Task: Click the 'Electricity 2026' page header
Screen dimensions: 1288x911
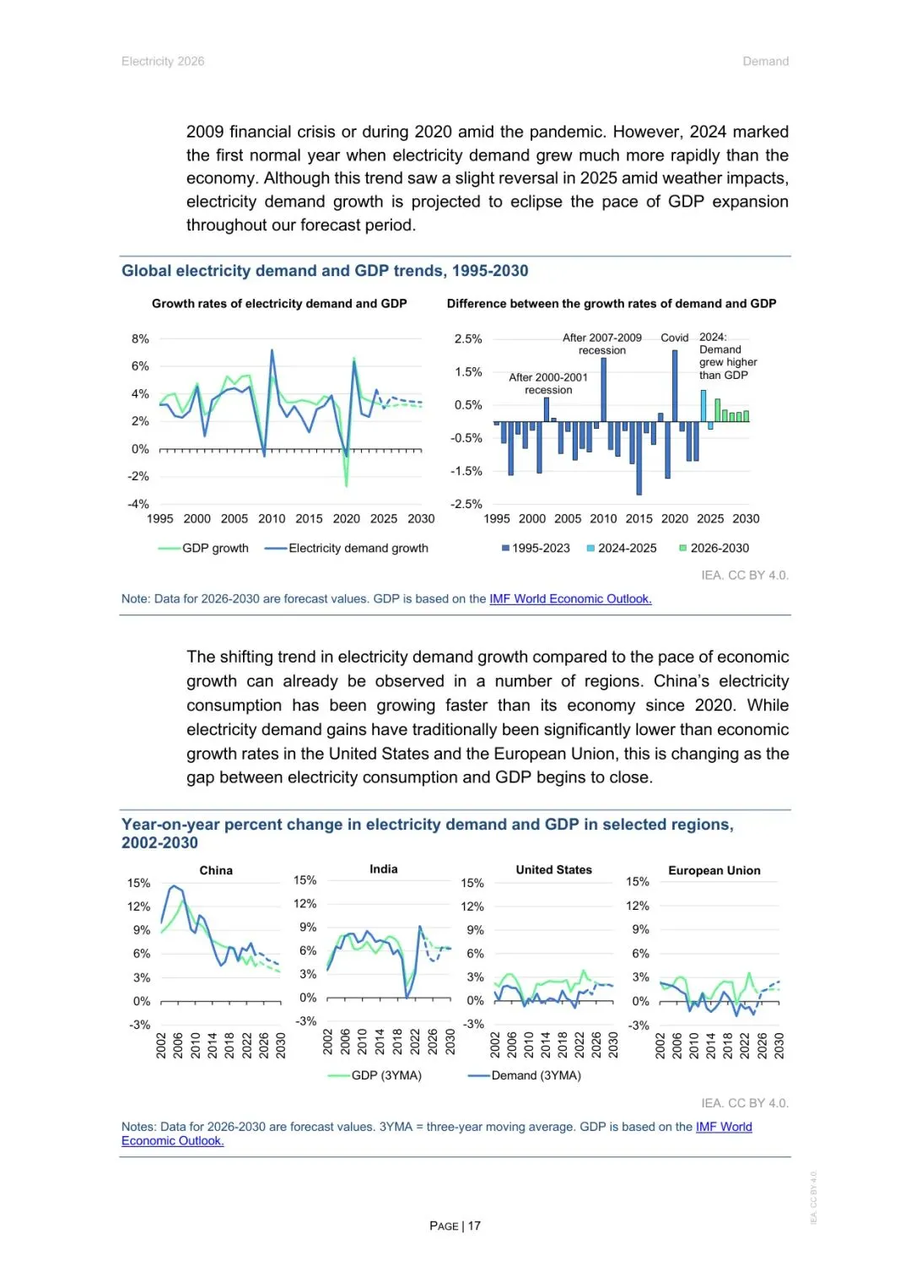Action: pyautogui.click(x=163, y=62)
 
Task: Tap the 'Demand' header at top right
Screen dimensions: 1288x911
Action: pyautogui.click(x=765, y=62)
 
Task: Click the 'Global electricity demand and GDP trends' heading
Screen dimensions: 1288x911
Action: pyautogui.click(x=325, y=271)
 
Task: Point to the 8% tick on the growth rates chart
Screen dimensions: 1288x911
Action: pyautogui.click(x=140, y=339)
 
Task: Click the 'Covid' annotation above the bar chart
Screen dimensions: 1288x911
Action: pyautogui.click(x=675, y=338)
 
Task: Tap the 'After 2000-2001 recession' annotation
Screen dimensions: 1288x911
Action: pyautogui.click(x=548, y=384)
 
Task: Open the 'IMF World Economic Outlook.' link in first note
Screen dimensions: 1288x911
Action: pyautogui.click(x=570, y=599)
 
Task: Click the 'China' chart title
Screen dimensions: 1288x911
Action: pyautogui.click(x=216, y=871)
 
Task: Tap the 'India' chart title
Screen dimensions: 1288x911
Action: pyautogui.click(x=384, y=869)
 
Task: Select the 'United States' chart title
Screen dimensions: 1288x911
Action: pyautogui.click(x=554, y=870)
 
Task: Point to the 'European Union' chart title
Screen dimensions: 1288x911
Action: pyautogui.click(x=714, y=871)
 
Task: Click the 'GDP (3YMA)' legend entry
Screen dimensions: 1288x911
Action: pyautogui.click(x=385, y=1076)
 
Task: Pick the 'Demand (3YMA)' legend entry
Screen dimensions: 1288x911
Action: pyautogui.click(x=536, y=1076)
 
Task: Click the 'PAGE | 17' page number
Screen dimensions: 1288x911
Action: pyautogui.click(x=455, y=1226)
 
